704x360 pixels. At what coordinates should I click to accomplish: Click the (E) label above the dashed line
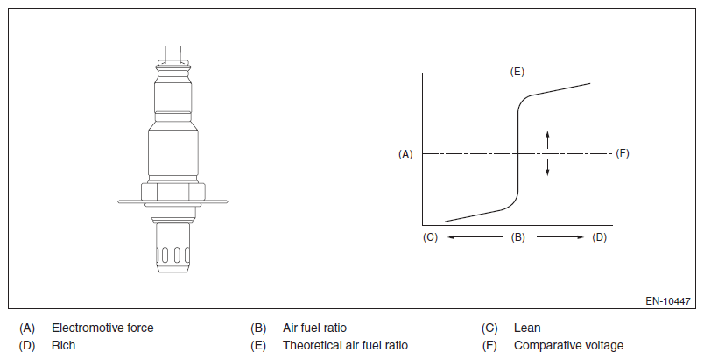tap(517, 72)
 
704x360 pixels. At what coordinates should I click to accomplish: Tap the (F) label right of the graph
tap(623, 153)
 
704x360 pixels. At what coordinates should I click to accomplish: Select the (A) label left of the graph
tap(405, 154)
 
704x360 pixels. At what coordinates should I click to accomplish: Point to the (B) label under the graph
tap(518, 237)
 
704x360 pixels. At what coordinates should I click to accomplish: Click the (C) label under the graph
tap(430, 237)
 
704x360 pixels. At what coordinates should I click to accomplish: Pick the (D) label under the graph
tap(600, 237)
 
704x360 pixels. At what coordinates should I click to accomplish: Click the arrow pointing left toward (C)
tap(475, 237)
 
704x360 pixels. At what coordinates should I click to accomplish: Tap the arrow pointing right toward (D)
tap(560, 237)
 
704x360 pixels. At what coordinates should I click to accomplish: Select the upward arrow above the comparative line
tap(547, 139)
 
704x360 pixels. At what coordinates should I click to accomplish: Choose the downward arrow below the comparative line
tap(547, 166)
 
